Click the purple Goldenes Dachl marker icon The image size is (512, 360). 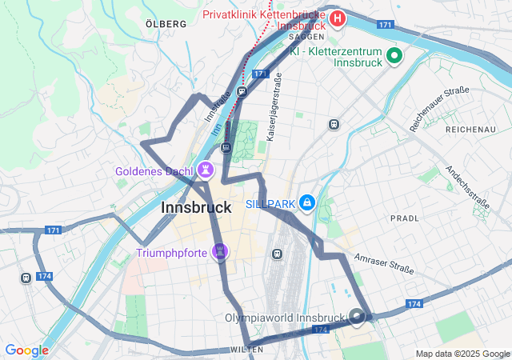coord(207,170)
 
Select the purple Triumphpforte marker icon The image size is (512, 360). coord(222,253)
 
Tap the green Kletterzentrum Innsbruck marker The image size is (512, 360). coord(394,55)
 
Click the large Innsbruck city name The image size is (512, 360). coord(196,207)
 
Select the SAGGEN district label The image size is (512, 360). coord(306,37)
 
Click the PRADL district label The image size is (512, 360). coord(404,218)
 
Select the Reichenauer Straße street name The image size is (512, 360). coord(439,109)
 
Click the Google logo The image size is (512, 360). coord(26,350)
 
